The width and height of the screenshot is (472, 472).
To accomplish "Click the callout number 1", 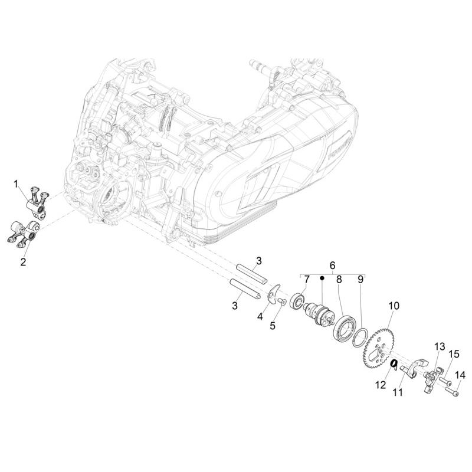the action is click(x=16, y=183).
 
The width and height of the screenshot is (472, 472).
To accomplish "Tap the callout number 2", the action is click(x=23, y=261).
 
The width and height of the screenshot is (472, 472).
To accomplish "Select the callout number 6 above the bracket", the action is click(x=332, y=265).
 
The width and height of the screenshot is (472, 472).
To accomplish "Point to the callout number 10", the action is click(x=394, y=306).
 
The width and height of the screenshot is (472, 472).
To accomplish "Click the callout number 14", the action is click(x=460, y=375).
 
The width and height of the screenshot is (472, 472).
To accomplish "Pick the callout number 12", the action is click(x=381, y=385).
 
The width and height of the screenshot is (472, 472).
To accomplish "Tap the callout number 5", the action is click(x=273, y=326).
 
